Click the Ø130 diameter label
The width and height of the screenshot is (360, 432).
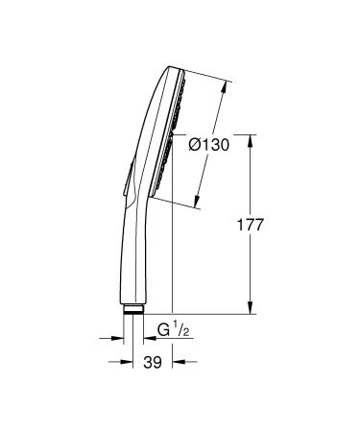click(207, 144)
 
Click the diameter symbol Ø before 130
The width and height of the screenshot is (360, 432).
click(194, 144)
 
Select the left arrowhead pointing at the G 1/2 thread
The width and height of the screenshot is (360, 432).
click(124, 337)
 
